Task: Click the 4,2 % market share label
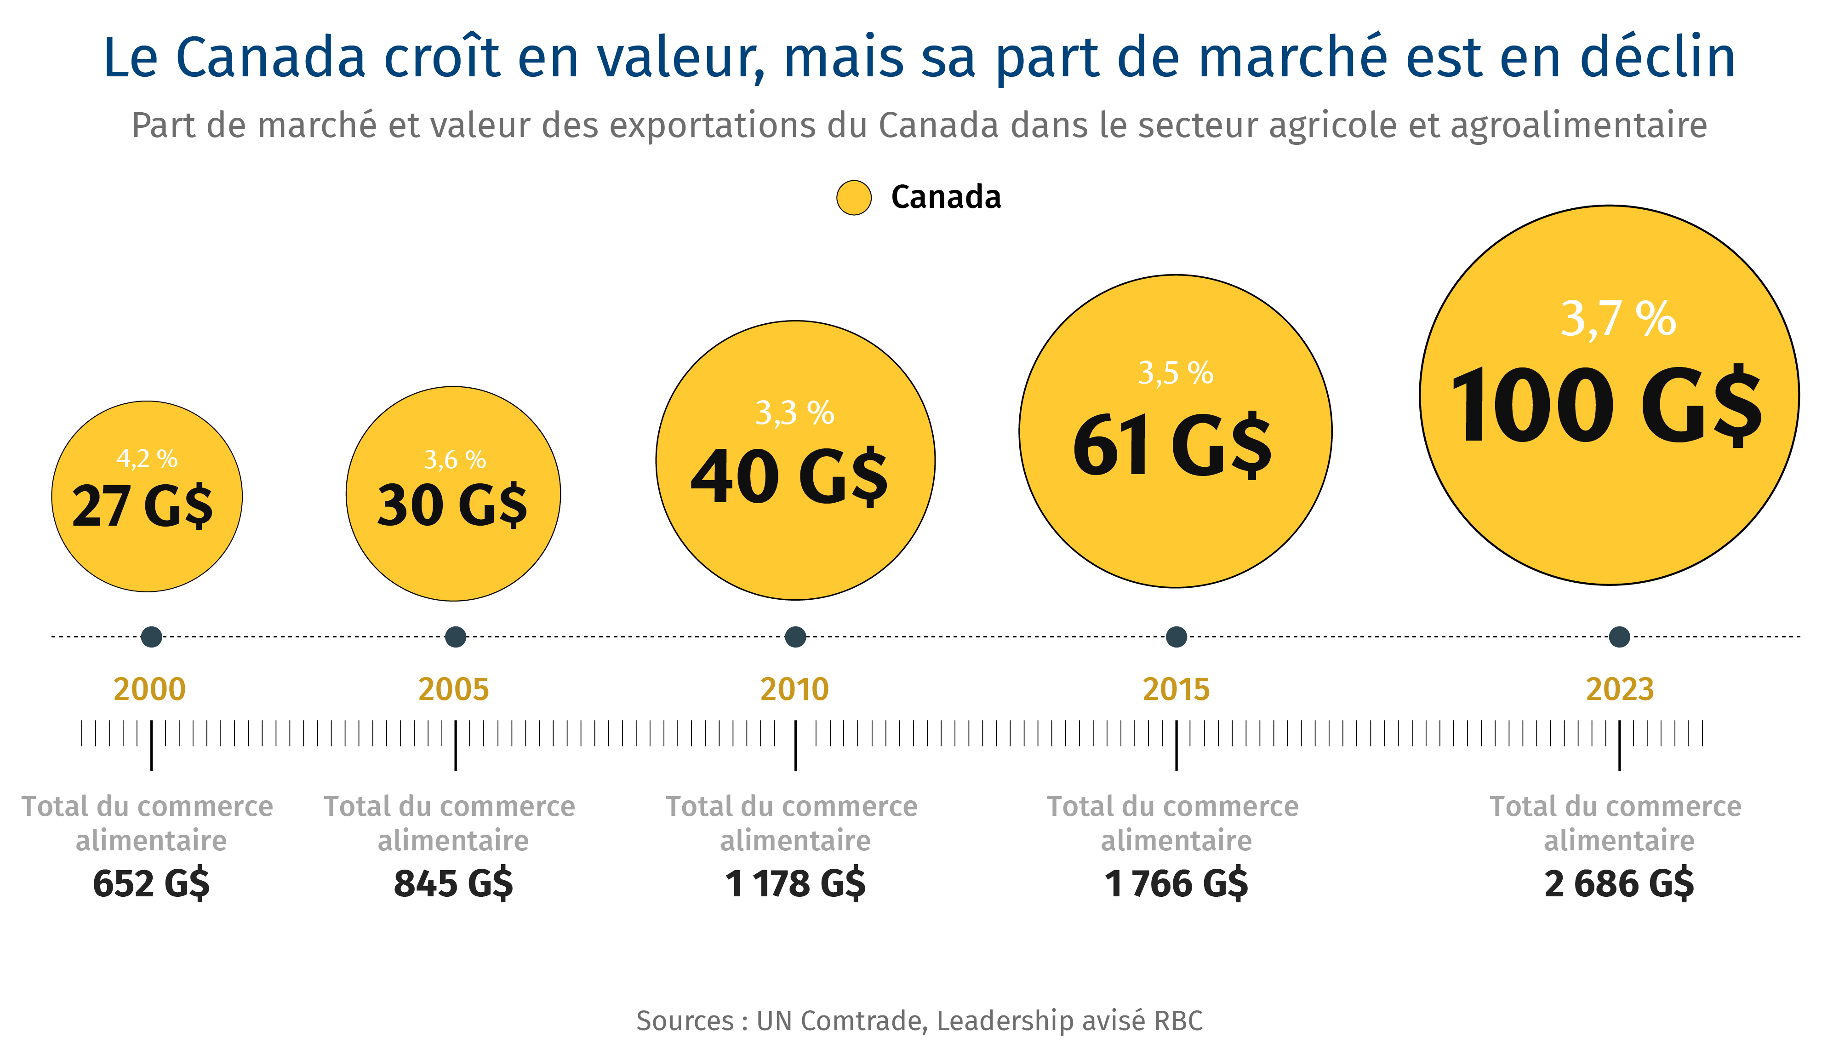tap(147, 459)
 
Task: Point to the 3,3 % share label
tap(794, 413)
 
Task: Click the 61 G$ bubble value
tap(1172, 445)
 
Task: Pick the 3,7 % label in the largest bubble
tap(1617, 319)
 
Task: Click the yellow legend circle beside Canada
tap(853, 198)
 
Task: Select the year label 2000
tap(150, 689)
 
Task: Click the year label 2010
tap(794, 689)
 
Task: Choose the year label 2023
tap(1620, 689)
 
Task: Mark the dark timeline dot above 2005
tap(455, 637)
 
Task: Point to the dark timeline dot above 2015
tap(1176, 637)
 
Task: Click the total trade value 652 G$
tap(151, 884)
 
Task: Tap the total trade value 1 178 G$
tap(795, 884)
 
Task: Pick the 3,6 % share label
tap(455, 459)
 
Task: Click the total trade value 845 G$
tap(453, 884)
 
